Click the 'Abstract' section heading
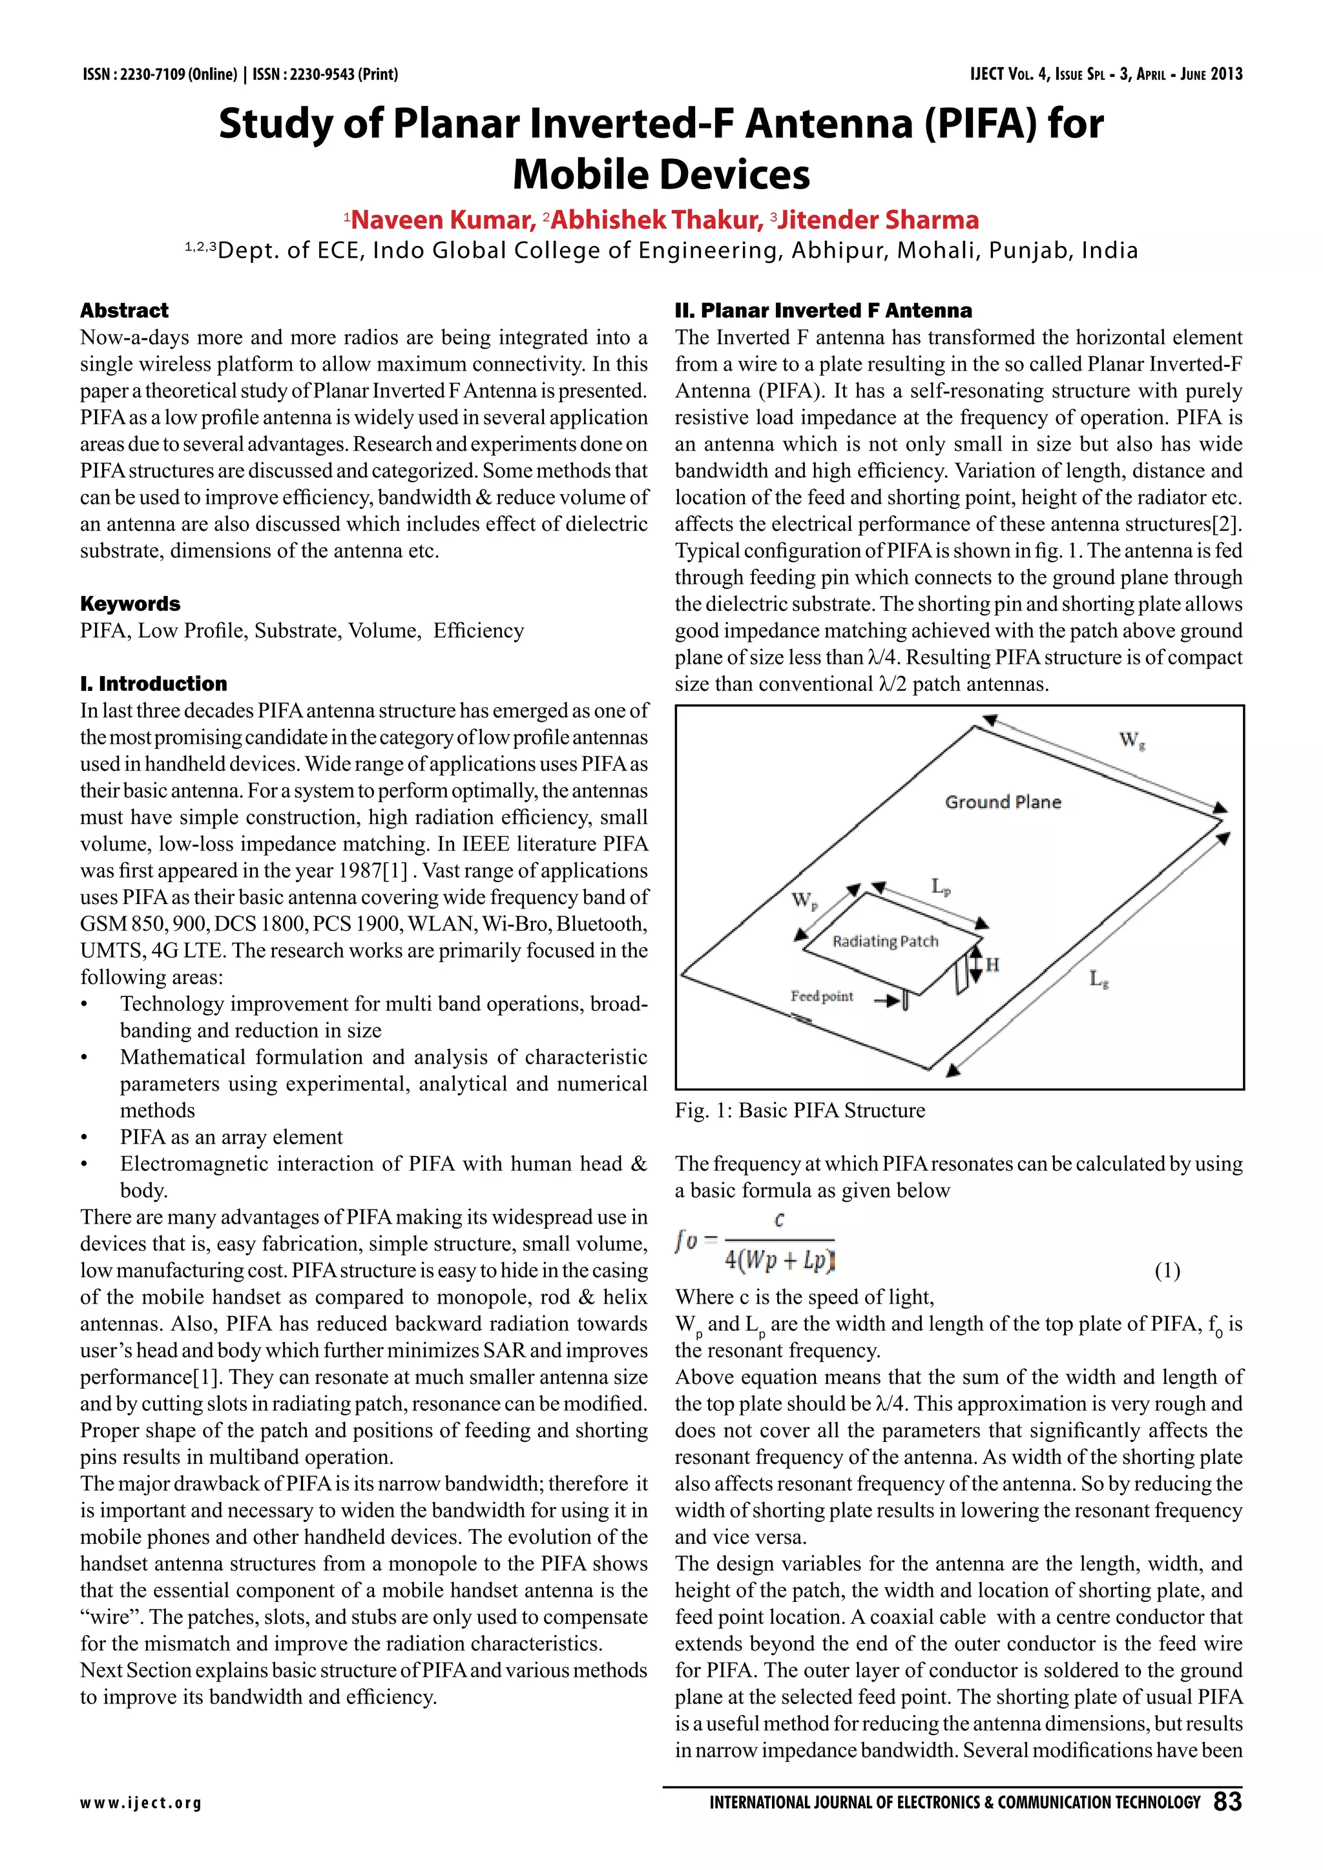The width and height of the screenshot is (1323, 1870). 124,311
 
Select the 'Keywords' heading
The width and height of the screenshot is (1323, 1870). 130,604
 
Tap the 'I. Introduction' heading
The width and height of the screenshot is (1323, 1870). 153,683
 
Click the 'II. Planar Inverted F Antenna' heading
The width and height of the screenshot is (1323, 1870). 823,311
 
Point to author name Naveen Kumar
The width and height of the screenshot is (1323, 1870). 443,220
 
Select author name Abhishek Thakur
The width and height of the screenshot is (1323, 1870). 656,220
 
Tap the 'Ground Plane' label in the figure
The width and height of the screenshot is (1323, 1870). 1002,802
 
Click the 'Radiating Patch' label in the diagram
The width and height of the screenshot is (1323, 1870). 885,941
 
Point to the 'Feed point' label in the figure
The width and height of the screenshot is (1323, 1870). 821,996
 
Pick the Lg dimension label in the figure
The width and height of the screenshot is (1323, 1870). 1098,979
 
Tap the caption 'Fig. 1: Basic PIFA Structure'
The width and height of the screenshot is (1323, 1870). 799,1110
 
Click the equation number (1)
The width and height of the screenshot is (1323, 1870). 1167,1271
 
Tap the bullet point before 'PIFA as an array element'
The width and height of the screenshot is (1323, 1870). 84,1138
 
